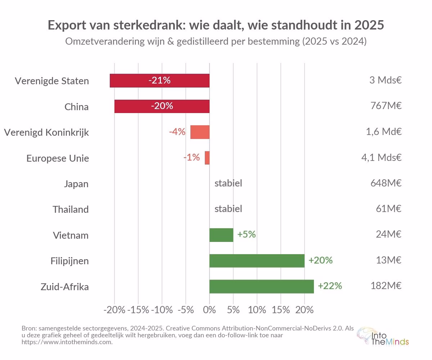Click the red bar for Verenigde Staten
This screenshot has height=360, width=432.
tap(159, 81)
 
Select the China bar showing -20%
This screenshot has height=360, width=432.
tap(162, 107)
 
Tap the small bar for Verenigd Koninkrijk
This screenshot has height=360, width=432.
tap(200, 132)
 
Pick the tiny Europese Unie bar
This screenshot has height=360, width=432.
tap(207, 158)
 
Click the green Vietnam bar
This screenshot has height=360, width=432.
tap(221, 235)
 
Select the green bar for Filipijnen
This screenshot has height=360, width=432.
tap(257, 260)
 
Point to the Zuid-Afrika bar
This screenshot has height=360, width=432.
tap(261, 286)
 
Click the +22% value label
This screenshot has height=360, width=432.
tap(330, 286)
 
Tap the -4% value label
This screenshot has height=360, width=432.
tap(177, 132)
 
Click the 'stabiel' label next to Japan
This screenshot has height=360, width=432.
tap(228, 183)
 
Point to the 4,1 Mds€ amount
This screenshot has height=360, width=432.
tap(381, 158)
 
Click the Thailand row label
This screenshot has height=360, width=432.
tap(71, 210)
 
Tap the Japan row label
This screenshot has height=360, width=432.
tap(76, 184)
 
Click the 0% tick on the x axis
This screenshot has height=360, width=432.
tap(210, 310)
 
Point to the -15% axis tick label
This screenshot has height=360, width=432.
tap(138, 310)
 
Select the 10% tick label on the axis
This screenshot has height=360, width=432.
tap(257, 310)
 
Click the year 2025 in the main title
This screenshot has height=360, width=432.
tap(369, 26)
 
